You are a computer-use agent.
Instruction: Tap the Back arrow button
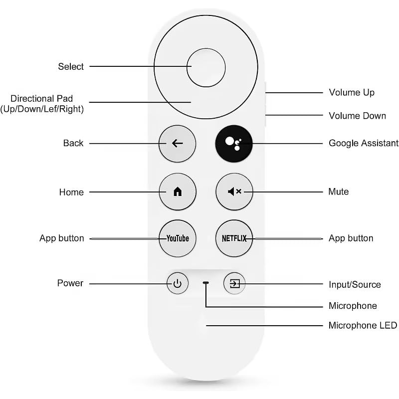pos(177,144)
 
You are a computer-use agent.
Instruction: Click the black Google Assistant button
pos(234,143)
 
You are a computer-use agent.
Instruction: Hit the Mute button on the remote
pos(234,192)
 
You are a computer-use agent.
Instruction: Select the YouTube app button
pos(178,238)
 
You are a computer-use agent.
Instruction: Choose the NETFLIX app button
pos(234,238)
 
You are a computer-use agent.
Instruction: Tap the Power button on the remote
pos(178,284)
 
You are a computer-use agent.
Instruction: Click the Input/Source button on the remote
pos(234,284)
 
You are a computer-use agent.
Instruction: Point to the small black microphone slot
pos(206,283)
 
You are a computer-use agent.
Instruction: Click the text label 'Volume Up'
pos(352,92)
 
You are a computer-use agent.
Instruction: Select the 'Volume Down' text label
pos(357,116)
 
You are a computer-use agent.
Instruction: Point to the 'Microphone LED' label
pos(363,326)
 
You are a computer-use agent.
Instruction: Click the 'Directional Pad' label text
pos(42,99)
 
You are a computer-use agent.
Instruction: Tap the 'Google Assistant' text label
pos(364,143)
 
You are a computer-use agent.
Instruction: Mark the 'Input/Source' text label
pos(355,285)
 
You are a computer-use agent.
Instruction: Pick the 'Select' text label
pos(71,66)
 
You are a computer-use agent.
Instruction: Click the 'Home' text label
pos(71,192)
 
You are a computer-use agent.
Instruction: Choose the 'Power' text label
pos(70,283)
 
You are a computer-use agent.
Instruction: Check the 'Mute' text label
pos(339,192)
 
